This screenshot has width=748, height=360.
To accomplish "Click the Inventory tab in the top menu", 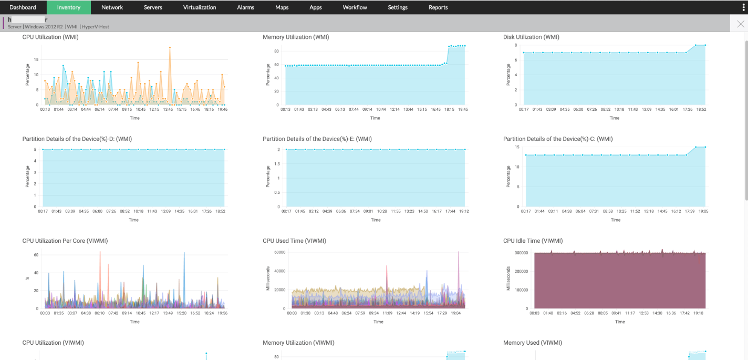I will click(x=68, y=7).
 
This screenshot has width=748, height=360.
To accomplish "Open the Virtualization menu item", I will click(x=200, y=7).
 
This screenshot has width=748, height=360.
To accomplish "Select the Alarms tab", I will click(x=245, y=7).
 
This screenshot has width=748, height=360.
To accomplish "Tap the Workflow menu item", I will click(x=355, y=7).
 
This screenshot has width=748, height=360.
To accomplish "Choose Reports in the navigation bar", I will click(x=438, y=7).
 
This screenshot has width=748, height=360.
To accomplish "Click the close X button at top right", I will click(x=741, y=24).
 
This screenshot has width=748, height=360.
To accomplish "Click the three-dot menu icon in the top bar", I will click(x=743, y=7).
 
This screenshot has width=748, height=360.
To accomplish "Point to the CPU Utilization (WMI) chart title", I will click(x=50, y=37).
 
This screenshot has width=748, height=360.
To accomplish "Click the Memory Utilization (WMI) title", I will click(x=295, y=37).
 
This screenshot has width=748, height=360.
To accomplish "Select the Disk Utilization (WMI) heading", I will click(x=531, y=37).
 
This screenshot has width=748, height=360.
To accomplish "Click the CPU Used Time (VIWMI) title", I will click(x=294, y=241).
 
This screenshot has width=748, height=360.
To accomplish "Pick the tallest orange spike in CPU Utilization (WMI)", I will click(x=170, y=48).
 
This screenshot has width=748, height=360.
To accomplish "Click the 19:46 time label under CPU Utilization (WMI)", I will click(x=223, y=109).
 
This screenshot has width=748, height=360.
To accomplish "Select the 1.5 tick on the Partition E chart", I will click(x=277, y=164).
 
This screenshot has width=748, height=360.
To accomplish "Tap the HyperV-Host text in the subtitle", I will click(x=96, y=27).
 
